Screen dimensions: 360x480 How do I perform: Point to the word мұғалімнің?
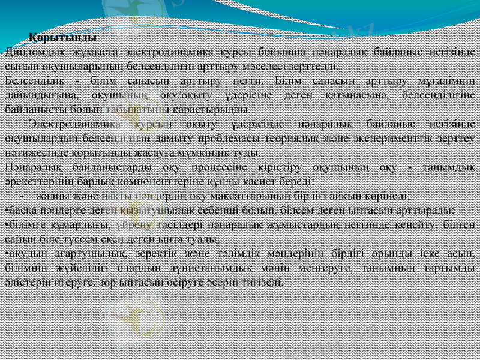448,80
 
